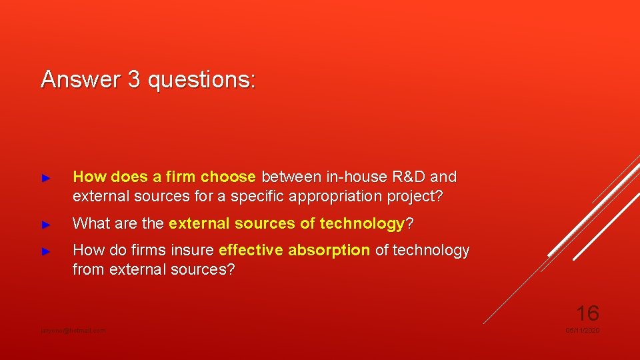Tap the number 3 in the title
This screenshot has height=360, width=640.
[x=134, y=79]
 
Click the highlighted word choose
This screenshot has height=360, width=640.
[x=228, y=177]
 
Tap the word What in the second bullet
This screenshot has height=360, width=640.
[x=90, y=224]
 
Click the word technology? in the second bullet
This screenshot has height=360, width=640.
[x=366, y=224]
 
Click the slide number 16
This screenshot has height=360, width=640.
[x=587, y=312]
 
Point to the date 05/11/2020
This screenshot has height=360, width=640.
[x=582, y=331]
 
